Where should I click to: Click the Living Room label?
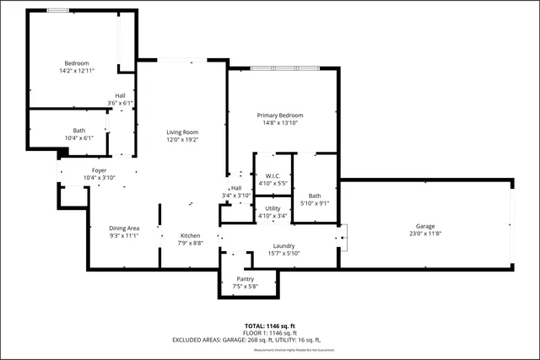181,132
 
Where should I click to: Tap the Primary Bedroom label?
279,115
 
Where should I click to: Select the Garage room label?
426,226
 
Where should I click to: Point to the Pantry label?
245,278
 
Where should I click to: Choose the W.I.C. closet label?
272,176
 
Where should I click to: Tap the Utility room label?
272,208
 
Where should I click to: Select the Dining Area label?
124,228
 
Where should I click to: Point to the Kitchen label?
190,235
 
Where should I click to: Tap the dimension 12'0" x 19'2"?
181,139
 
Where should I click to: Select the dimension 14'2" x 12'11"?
77,72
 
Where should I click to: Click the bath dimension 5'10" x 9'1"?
314,203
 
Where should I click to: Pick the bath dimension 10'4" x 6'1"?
79,138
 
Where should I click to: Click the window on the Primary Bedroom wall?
284,67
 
